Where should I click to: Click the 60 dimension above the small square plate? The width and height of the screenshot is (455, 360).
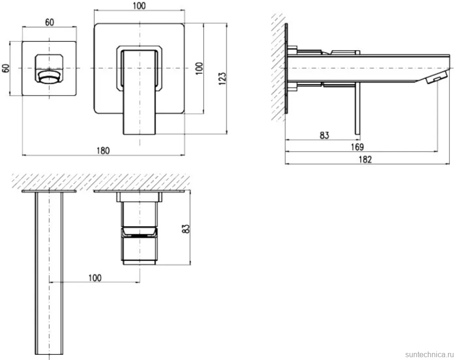[x=50, y=22]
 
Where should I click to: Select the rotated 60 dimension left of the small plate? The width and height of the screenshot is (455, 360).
[x=6, y=68]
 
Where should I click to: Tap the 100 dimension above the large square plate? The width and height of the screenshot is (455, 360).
[x=139, y=6]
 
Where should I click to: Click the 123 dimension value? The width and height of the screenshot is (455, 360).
[x=222, y=78]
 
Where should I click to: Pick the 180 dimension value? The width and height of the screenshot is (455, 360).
[x=103, y=151]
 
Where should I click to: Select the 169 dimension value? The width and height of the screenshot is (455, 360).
[x=357, y=147]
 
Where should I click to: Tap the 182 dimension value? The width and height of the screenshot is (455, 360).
[x=365, y=160]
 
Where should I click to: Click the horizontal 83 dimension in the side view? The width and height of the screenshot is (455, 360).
[x=325, y=135]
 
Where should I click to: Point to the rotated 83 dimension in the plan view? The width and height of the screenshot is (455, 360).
[x=186, y=229]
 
